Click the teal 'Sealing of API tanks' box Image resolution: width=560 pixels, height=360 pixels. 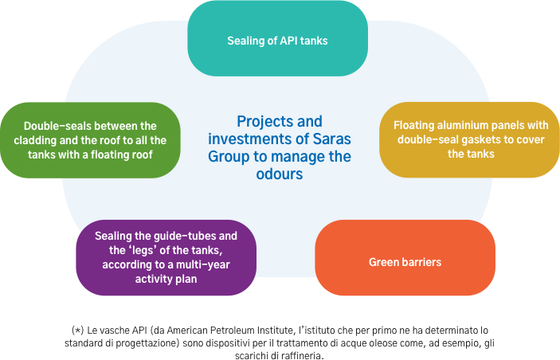tap(276, 40)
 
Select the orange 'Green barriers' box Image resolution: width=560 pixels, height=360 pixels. tap(405, 262)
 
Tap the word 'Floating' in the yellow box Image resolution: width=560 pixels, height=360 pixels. tap(416, 125)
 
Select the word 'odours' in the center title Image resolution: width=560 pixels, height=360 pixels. tap(280, 173)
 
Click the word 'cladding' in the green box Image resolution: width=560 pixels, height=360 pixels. tap(47, 140)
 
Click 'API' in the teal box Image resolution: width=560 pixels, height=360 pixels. tap(281, 40)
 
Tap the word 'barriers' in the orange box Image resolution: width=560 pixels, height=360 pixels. tap(420, 262)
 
